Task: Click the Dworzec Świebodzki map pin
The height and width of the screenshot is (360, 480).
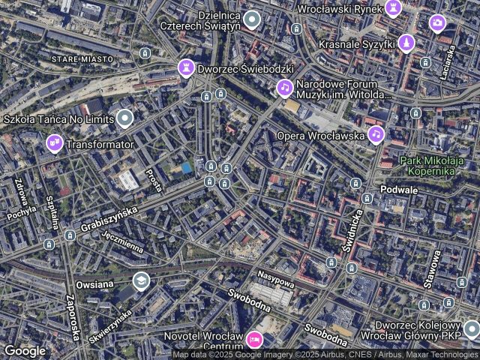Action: (x=185, y=68)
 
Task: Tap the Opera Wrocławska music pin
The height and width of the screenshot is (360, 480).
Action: (x=376, y=135)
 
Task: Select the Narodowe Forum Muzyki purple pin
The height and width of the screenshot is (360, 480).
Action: (x=284, y=88)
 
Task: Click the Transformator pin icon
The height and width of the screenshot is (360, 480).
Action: (x=54, y=142)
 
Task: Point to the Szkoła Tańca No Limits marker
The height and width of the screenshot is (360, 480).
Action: (x=124, y=118)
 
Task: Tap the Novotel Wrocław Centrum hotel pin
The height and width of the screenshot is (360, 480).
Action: (x=254, y=340)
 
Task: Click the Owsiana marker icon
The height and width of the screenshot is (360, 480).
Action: (x=140, y=280)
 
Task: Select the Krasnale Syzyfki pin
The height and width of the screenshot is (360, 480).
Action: (x=406, y=43)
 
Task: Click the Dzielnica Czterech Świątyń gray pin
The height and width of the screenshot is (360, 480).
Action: (x=252, y=19)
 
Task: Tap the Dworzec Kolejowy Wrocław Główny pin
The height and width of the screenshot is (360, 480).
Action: (x=471, y=328)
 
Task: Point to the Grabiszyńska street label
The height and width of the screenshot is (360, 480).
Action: (x=110, y=220)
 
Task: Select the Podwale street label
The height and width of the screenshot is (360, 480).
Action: (x=399, y=190)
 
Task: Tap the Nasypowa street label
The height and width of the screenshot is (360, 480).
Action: (x=275, y=278)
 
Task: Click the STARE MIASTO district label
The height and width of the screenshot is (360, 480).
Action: (x=82, y=58)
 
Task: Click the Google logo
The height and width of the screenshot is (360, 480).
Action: (x=25, y=350)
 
